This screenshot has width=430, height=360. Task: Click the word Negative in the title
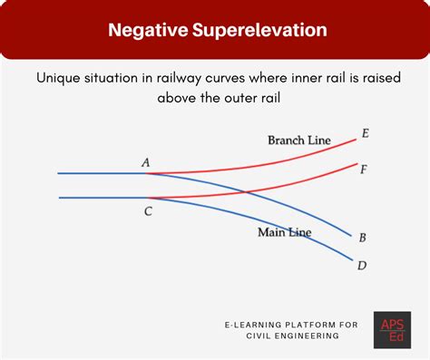point(147,30)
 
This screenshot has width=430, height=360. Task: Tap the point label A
point(145,162)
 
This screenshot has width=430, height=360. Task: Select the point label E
point(365,133)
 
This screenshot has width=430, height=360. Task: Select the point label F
point(363,169)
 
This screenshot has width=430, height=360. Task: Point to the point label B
point(362,238)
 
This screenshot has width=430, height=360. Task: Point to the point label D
point(362,265)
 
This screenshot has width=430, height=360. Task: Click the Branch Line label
point(298,141)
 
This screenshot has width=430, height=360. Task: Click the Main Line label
point(285,233)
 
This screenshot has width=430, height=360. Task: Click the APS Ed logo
point(392,329)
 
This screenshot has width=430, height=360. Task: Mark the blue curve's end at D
point(354,261)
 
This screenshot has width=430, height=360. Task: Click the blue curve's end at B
point(351,236)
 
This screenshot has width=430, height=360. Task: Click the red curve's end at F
point(355,166)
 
